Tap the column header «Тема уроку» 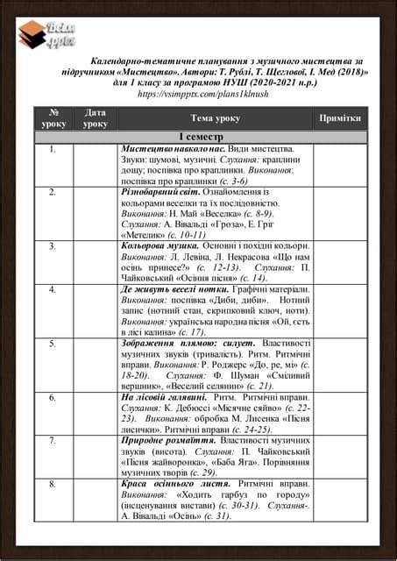pyautogui.click(x=215, y=117)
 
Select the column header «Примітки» pyautogui.click(x=339, y=117)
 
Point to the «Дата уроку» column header pyautogui.click(x=96, y=117)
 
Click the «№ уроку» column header pyautogui.click(x=53, y=117)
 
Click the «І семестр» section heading pyautogui.click(x=202, y=138)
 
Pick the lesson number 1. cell pyautogui.click(x=53, y=150)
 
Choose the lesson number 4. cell pyautogui.click(x=53, y=288)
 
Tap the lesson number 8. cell pyautogui.click(x=53, y=483)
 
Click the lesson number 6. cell pyautogui.click(x=53, y=397)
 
